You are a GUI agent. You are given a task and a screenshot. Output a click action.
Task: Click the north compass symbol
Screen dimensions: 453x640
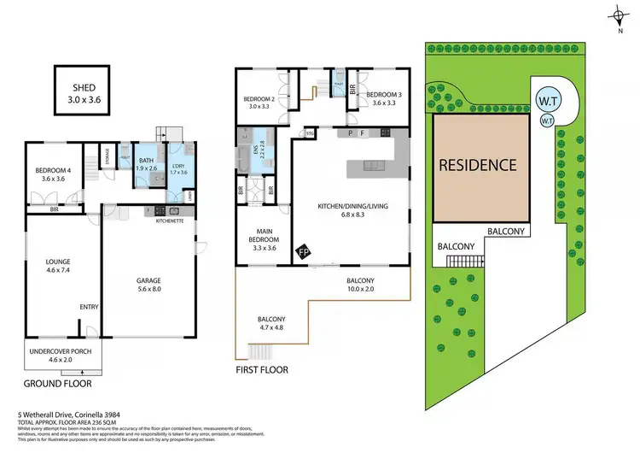(617, 15)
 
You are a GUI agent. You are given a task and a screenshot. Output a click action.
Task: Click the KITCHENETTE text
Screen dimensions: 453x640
(171, 221)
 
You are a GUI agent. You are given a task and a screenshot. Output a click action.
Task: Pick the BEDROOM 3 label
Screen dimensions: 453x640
(377, 94)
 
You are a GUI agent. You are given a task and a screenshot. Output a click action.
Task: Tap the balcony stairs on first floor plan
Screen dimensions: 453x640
(260, 351)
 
